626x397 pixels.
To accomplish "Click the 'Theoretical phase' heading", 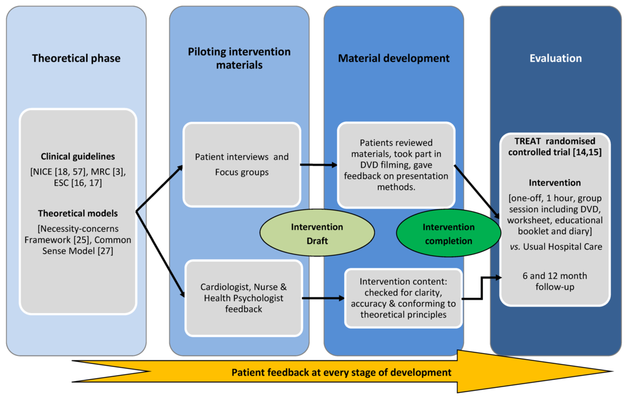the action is (76, 58).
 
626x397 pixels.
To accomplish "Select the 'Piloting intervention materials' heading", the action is (239, 58).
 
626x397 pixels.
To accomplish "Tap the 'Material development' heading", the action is (394, 58).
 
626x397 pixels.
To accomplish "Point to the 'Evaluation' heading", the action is (555, 58).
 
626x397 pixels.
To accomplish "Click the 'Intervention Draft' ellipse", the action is (317, 234).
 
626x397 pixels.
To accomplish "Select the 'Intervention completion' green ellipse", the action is (448, 234).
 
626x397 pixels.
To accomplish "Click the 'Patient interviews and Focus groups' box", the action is (242, 165).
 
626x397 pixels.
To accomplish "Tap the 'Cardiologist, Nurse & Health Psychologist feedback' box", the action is (243, 298).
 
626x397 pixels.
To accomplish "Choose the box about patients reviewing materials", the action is (396, 165).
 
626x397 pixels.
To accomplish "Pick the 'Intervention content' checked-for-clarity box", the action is (403, 298).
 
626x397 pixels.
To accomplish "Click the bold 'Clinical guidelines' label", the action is (78, 157).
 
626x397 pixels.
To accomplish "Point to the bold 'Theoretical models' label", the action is (78, 213).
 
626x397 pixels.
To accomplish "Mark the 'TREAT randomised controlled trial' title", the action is (555, 147).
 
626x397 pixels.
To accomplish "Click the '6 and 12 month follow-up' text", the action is (555, 281).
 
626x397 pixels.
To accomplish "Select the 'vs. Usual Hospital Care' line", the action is (556, 247).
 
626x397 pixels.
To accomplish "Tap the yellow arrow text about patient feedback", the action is (341, 373).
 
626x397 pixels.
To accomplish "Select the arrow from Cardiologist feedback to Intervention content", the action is (323, 298).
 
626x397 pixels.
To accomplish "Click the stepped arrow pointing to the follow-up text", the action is (482, 288).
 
